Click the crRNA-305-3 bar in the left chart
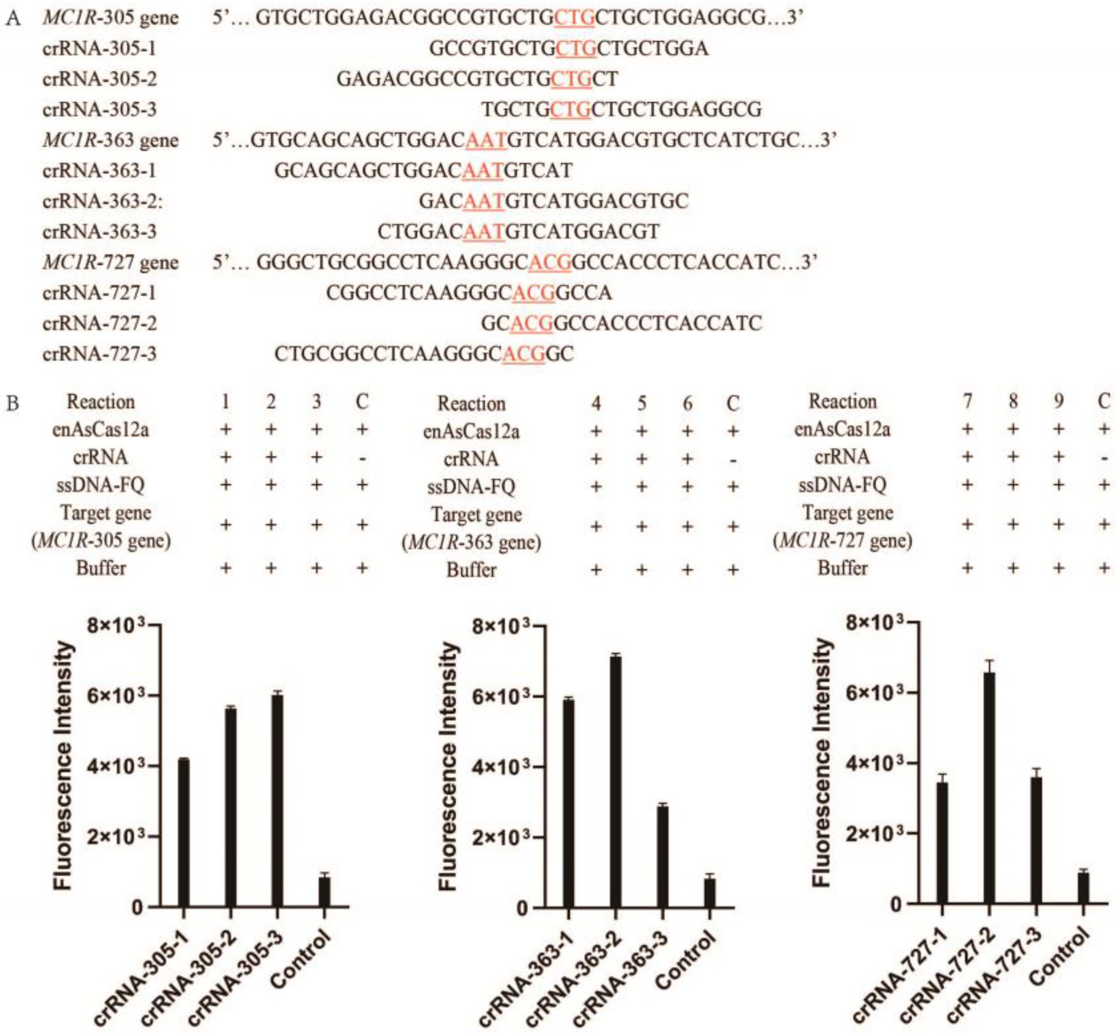pyautogui.click(x=277, y=799)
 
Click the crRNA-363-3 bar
pyautogui.click(x=663, y=856)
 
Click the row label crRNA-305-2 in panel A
pyautogui.click(x=100, y=79)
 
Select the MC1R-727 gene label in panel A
pyautogui.click(x=110, y=262)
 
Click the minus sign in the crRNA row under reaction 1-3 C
pyautogui.click(x=362, y=458)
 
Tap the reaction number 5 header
pyautogui.click(x=642, y=403)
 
